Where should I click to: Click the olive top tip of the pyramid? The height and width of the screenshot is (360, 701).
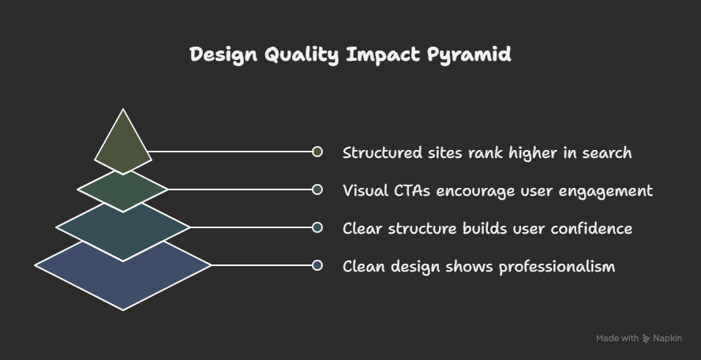123,145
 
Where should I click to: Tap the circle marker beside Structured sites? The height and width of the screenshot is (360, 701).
317,152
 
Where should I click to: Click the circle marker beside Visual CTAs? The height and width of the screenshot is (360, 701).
317,189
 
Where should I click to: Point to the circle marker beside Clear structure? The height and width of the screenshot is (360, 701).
317,227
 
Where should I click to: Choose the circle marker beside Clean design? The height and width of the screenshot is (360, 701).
317,265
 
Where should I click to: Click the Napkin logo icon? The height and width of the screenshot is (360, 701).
647,338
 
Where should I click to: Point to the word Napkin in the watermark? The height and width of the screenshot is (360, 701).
670,339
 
